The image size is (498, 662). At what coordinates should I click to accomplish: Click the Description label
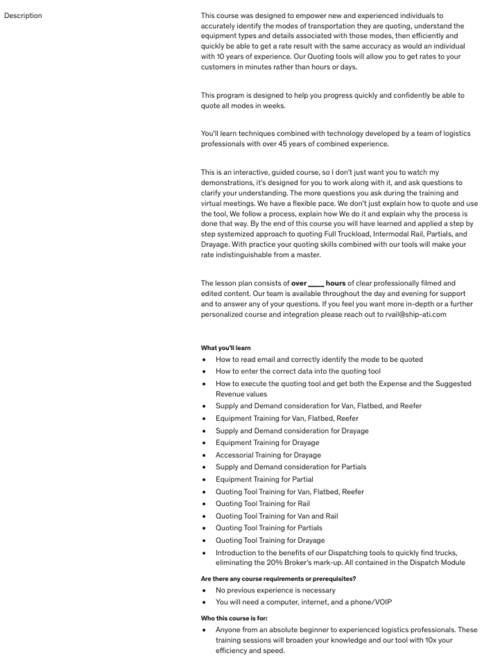pos(23,15)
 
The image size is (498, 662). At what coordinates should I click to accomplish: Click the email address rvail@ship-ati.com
pos(416,314)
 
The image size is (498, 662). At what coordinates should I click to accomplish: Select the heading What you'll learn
pos(225,347)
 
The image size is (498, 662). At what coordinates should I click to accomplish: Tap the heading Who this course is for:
pos(234,618)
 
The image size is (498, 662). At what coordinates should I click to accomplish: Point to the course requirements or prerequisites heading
pos(278,578)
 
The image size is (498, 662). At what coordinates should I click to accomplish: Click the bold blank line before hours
pos(316,283)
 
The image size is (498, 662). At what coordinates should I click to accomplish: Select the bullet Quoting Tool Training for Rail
pos(262,503)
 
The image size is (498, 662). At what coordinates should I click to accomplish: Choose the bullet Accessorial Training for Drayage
pos(268,455)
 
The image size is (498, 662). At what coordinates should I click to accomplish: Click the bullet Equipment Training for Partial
pos(264,479)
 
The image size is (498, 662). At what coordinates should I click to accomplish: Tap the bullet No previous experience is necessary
pos(275,590)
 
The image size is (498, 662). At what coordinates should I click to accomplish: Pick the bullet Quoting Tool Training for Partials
pos(269,527)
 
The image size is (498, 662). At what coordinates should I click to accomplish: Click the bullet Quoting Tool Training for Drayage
pos(270,540)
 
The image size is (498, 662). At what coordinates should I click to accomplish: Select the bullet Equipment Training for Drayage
pos(267,442)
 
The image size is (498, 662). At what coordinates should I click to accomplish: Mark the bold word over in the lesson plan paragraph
pos(298,283)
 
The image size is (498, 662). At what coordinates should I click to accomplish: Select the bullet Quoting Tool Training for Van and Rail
pos(276,516)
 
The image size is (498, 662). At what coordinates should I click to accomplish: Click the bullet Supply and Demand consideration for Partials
pos(291,467)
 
